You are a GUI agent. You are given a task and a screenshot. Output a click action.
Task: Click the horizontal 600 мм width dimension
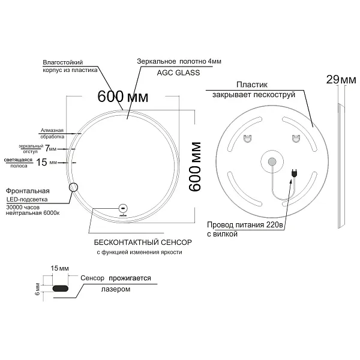(122, 97)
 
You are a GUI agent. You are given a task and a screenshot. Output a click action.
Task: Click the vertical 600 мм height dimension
(194, 167)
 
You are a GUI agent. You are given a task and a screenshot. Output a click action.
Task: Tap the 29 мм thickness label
(341, 80)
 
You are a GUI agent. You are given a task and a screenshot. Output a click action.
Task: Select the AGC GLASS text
(178, 73)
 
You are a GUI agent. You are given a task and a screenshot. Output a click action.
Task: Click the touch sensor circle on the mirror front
(123, 208)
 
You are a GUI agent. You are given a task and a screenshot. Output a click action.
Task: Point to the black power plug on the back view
(294, 173)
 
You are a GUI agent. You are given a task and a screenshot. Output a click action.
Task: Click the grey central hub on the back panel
(272, 161)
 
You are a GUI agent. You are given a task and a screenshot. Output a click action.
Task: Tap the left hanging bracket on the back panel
(247, 139)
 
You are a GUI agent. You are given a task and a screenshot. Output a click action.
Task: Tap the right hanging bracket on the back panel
(296, 139)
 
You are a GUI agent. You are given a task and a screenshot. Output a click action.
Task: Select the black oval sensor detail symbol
(61, 289)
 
